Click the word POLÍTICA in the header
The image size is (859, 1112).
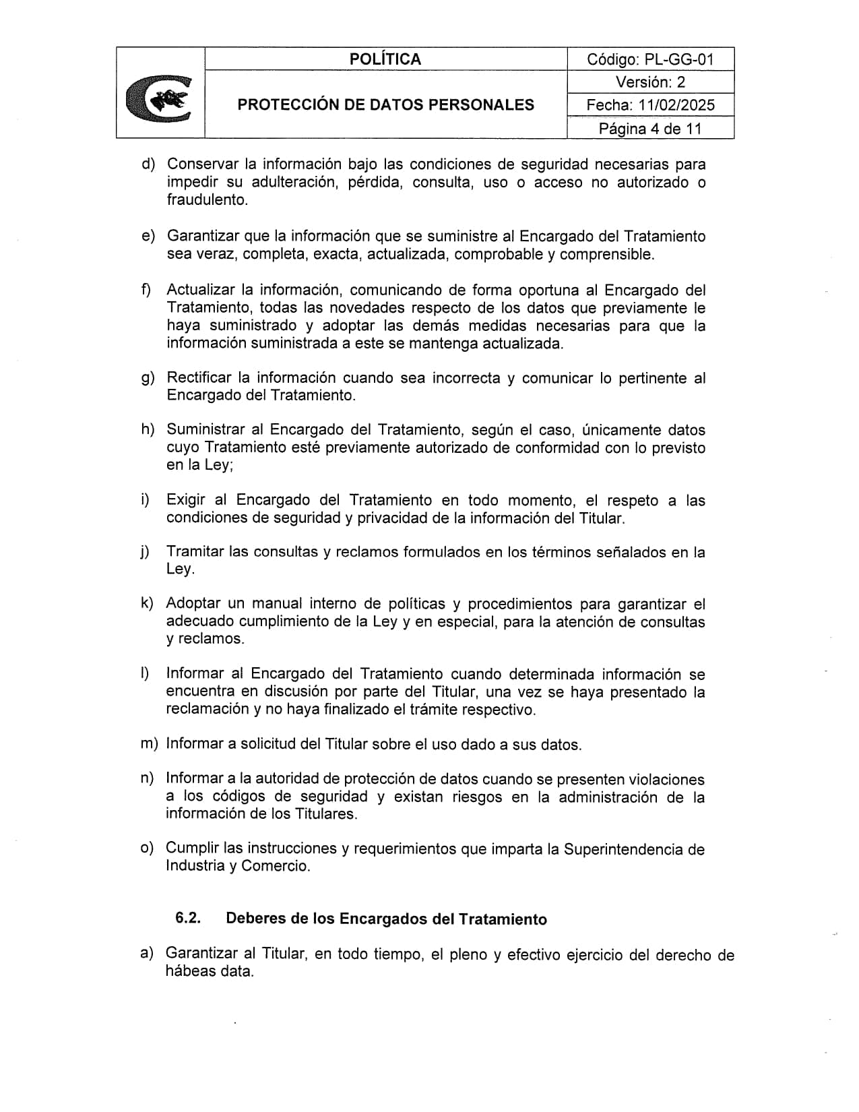tap(385, 59)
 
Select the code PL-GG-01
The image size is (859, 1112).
tap(678, 59)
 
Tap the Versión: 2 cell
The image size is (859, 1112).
tap(650, 82)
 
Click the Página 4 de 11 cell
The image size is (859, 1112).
tap(650, 128)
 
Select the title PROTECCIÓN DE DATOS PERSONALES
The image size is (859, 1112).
tap(385, 105)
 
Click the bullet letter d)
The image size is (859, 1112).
tap(148, 164)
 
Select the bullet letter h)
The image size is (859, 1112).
tap(148, 430)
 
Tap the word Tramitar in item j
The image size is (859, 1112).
tap(195, 552)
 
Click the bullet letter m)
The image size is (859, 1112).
tap(148, 744)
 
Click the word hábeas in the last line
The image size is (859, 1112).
tap(189, 972)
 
